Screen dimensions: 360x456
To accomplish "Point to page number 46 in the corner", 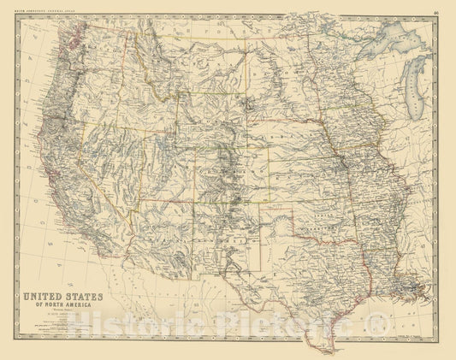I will click(x=438, y=11).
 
